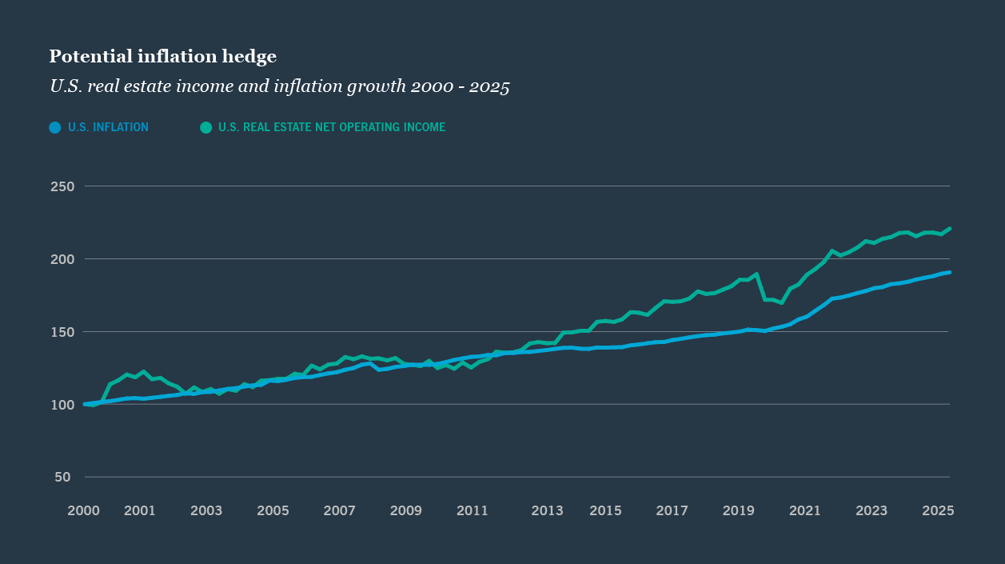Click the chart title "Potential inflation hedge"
point(162,56)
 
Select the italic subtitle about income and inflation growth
point(279,86)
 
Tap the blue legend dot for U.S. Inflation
point(55,127)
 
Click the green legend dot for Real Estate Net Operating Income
point(206,127)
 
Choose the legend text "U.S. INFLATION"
point(108,127)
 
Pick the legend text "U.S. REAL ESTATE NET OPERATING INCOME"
point(331,127)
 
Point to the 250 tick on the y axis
point(62,186)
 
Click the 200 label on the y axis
point(62,259)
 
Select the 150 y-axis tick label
point(62,332)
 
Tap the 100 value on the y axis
point(62,405)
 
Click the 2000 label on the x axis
point(83,510)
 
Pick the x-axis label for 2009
point(406,510)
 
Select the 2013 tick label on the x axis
point(547,510)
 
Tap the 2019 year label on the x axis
point(739,510)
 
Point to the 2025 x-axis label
point(939,510)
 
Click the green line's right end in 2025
point(949,229)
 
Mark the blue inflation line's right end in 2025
point(949,273)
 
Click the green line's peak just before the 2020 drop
point(756,274)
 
